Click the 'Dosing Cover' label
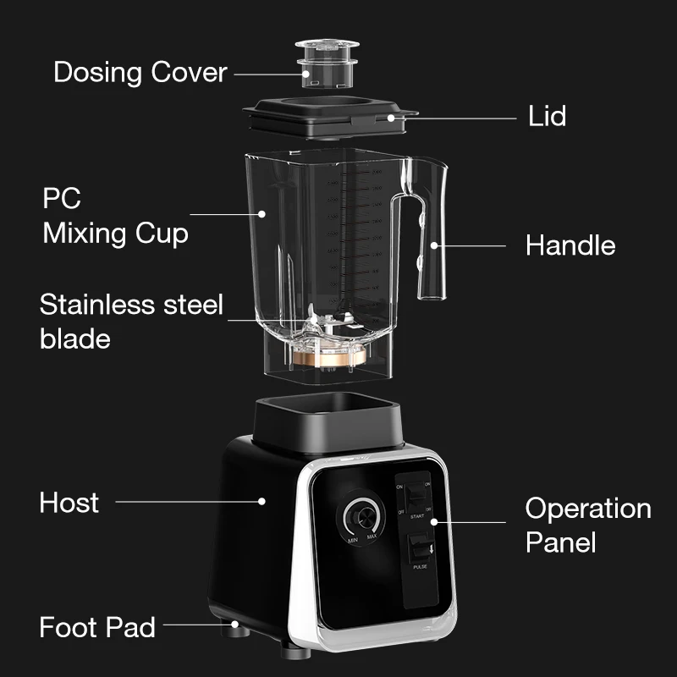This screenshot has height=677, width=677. coord(140,72)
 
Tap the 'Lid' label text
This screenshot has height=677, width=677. coord(547,116)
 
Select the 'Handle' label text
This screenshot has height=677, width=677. coord(570,245)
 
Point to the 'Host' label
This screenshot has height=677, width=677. coord(69,503)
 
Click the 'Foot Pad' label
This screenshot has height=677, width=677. coord(97,627)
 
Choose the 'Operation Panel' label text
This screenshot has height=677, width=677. coord(588,525)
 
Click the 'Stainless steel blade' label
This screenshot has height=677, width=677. coord(131,321)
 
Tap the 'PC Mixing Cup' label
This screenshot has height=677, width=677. coord(115,216)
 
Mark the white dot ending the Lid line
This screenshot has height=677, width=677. coord(391,118)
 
